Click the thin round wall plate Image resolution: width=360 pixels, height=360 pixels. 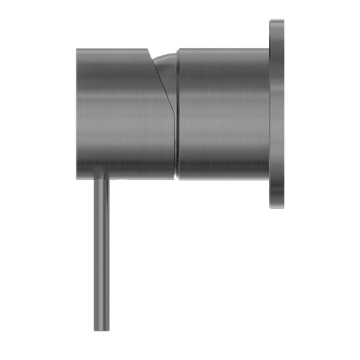[277, 114]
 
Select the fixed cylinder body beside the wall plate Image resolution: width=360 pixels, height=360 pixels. [222, 114]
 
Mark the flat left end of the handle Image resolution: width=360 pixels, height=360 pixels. [77, 114]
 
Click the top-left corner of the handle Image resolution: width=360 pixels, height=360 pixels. [78, 51]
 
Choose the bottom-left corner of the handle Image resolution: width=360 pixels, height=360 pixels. [78, 178]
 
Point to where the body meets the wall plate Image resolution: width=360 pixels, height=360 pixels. [268, 114]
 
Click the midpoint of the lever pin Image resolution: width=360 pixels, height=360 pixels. [101, 255]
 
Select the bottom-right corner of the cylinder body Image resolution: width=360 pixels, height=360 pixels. [266, 178]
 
